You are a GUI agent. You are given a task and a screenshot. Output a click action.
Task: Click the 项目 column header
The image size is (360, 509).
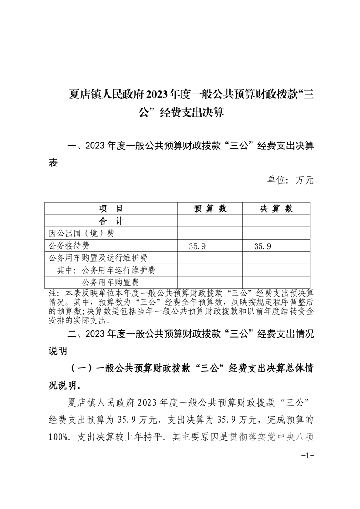(x=111, y=209)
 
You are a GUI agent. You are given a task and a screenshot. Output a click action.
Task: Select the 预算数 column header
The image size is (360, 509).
(x=210, y=209)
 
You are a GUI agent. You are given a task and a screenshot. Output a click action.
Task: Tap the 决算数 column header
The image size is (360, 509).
(x=276, y=209)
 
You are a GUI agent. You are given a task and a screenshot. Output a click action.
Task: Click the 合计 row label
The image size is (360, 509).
(x=111, y=221)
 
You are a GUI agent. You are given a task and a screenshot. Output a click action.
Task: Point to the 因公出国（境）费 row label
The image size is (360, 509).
(x=81, y=233)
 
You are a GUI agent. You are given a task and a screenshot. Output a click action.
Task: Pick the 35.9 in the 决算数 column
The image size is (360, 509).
(x=263, y=246)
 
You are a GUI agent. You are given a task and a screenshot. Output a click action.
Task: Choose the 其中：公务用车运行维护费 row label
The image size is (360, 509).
(x=106, y=270)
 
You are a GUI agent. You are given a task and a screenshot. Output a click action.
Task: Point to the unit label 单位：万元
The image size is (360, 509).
(x=290, y=180)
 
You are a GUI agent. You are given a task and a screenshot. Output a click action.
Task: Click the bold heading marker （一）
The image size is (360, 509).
(x=82, y=368)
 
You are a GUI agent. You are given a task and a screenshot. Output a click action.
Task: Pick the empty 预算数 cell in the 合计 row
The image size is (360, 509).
(x=210, y=221)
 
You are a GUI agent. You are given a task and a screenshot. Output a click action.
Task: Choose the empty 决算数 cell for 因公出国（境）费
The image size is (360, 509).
(x=276, y=233)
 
